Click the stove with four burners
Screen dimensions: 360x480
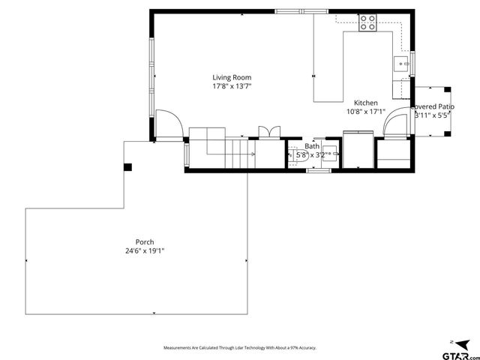tap(367, 22)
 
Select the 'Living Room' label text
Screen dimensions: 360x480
tap(231, 77)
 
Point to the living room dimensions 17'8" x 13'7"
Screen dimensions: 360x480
tap(231, 86)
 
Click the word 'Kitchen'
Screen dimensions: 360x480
tap(366, 103)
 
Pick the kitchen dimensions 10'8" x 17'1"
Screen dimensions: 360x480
tap(365, 112)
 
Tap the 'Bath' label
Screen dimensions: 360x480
tap(312, 146)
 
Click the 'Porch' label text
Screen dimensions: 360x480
tap(145, 241)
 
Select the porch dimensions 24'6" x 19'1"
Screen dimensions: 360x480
tap(145, 250)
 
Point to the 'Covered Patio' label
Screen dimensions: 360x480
tap(432, 107)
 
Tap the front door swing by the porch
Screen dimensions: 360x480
tap(169, 124)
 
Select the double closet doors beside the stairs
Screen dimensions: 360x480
tap(268, 132)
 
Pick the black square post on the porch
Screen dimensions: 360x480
tap(128, 166)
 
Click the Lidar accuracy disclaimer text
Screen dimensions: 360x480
tap(240, 348)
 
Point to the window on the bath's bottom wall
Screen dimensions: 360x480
tap(319, 171)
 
